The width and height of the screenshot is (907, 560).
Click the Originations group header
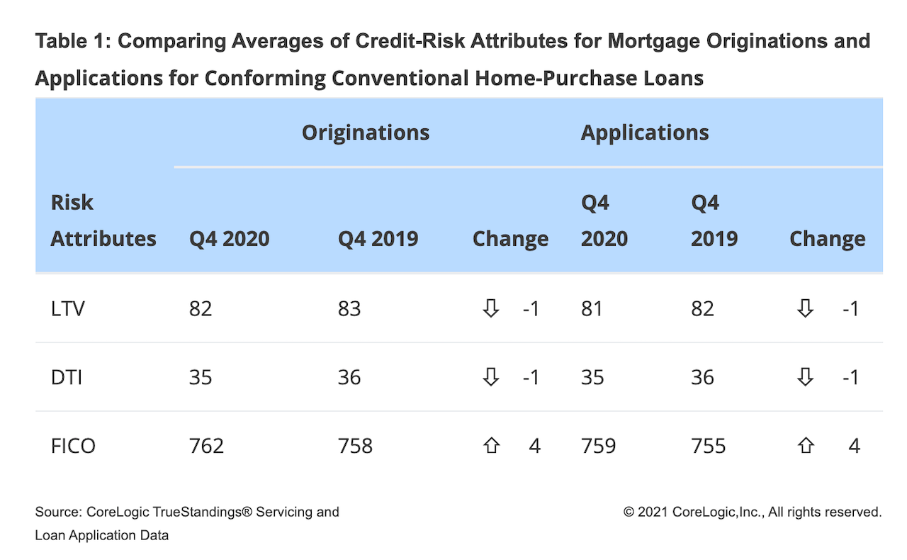tap(366, 133)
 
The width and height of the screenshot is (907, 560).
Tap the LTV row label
tap(68, 309)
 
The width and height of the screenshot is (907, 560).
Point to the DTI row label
tap(67, 377)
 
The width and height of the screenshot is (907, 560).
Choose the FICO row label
tap(73, 446)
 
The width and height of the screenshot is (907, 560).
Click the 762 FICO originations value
tap(206, 446)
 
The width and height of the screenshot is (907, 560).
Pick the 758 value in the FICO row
tap(355, 446)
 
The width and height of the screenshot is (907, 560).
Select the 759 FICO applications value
tap(599, 446)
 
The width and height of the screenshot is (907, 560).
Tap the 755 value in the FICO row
tap(708, 446)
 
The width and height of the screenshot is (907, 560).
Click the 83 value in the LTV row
tap(349, 309)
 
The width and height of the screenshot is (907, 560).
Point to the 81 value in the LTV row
tap(592, 309)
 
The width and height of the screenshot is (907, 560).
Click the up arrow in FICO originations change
tap(491, 445)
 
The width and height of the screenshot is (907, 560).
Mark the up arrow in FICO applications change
tap(806, 445)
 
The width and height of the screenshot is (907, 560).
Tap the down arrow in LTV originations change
tap(491, 308)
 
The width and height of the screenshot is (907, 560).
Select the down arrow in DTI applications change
tap(806, 377)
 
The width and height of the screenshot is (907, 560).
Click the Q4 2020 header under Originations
tap(229, 239)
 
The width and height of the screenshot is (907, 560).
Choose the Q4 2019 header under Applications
tap(714, 220)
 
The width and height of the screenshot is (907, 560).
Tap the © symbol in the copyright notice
tap(629, 513)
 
